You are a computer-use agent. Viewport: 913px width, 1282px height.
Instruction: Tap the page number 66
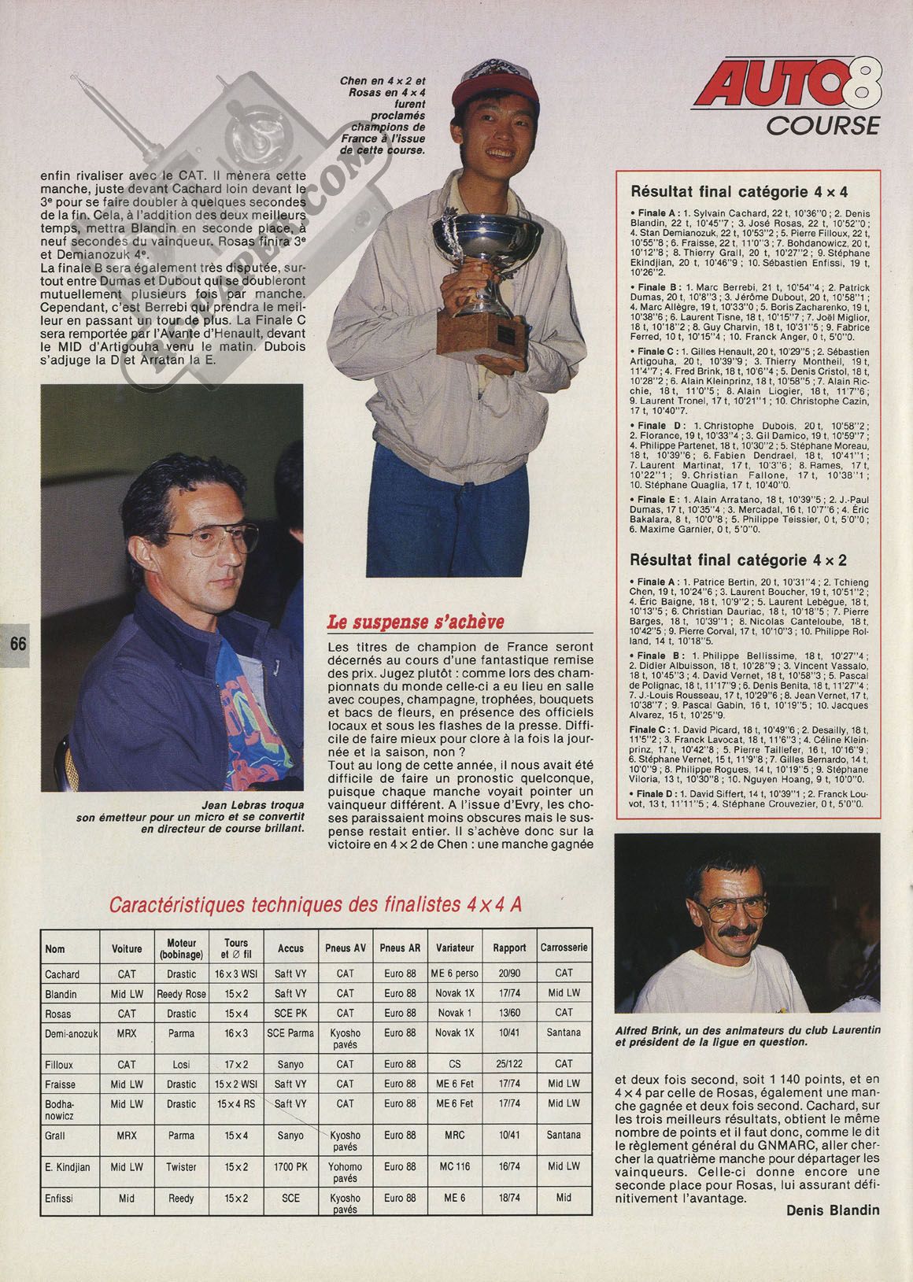(17, 643)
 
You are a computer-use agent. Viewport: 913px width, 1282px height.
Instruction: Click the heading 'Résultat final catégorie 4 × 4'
(739, 191)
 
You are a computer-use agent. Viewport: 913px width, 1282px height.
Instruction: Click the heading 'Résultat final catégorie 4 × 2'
(739, 560)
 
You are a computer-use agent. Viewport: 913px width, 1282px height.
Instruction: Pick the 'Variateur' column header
(455, 948)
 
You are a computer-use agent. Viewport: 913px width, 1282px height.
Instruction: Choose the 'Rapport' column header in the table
(509, 948)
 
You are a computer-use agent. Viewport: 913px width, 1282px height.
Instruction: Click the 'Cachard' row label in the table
(63, 974)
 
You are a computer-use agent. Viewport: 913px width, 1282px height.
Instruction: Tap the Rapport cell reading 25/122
(509, 1064)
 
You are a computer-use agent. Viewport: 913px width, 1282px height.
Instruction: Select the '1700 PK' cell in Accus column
(290, 1166)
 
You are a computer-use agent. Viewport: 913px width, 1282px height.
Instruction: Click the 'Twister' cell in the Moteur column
(181, 1166)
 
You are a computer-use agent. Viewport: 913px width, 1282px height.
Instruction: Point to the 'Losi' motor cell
(181, 1064)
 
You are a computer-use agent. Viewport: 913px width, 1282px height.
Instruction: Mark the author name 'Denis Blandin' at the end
(833, 1210)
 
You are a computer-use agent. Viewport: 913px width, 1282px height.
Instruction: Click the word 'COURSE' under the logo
(822, 125)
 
